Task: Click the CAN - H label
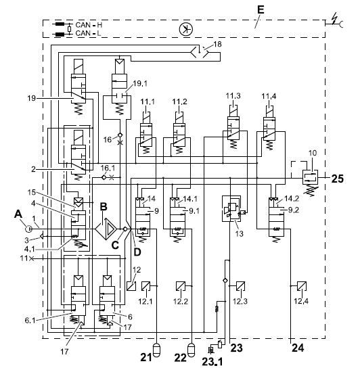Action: [x=89, y=25]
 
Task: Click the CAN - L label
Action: [x=88, y=33]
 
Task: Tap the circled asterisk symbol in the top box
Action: [x=186, y=30]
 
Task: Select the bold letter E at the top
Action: [x=261, y=9]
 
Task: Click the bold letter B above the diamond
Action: [x=104, y=207]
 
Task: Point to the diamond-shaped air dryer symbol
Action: [x=106, y=229]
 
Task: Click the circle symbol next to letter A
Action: [x=28, y=229]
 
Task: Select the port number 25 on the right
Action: [x=338, y=179]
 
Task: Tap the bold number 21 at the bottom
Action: [x=146, y=358]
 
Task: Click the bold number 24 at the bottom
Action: [x=298, y=348]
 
